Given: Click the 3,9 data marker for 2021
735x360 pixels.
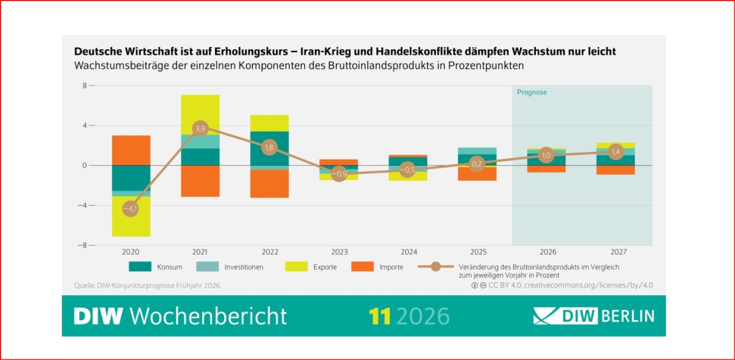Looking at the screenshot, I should click(x=200, y=129).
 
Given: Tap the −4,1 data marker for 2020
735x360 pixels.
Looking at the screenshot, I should click(x=130, y=209).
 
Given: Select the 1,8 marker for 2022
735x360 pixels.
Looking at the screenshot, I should click(x=269, y=148).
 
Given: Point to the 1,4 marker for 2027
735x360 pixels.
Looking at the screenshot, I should click(x=616, y=152).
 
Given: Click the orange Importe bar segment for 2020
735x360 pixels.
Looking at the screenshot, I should click(x=130, y=150).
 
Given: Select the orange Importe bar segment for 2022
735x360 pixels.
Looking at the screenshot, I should click(x=269, y=184).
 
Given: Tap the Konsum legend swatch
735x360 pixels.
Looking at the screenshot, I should click(x=140, y=267).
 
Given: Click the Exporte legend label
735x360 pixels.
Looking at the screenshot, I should click(x=323, y=267).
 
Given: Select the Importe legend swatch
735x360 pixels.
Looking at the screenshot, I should click(x=362, y=267).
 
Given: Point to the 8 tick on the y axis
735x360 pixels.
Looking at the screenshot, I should click(x=85, y=86).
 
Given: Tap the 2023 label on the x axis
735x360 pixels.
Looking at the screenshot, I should click(x=339, y=252).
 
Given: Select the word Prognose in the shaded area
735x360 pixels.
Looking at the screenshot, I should click(x=532, y=92).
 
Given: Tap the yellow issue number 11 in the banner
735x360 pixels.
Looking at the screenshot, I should click(x=380, y=316).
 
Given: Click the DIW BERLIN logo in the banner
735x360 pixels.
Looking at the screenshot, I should click(x=593, y=316).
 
